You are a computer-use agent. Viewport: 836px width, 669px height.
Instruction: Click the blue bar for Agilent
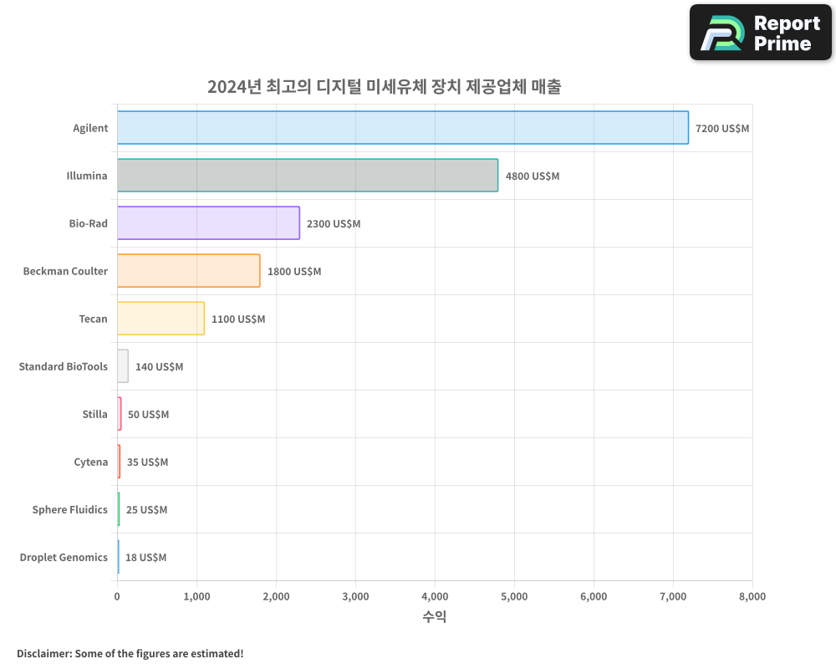click(x=402, y=128)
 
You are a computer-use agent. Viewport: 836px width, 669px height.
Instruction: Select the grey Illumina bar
click(x=307, y=176)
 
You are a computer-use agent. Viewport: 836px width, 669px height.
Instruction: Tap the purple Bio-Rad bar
click(x=208, y=223)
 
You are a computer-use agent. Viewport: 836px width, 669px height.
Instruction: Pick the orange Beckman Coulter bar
click(x=188, y=271)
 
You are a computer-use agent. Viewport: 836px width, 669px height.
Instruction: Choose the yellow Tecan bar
click(x=161, y=319)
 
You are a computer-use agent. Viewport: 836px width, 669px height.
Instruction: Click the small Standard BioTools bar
click(x=123, y=366)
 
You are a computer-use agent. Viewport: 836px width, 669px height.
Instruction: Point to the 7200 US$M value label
click(x=722, y=129)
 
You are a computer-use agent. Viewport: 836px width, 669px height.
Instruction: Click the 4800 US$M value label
click(x=532, y=176)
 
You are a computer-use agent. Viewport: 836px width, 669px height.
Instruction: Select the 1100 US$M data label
click(x=237, y=319)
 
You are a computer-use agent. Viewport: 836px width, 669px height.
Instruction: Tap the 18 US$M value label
click(x=145, y=558)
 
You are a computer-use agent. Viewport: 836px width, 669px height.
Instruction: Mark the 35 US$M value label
click(x=147, y=462)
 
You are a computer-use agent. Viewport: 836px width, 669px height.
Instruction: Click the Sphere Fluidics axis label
click(x=69, y=509)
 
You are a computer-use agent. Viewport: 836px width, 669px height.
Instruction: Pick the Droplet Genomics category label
click(x=64, y=557)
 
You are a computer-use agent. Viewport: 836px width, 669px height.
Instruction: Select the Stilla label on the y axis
click(x=94, y=414)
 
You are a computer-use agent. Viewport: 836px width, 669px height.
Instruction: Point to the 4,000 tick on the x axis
click(x=435, y=596)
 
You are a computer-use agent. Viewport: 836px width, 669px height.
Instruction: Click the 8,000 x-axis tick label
click(x=752, y=596)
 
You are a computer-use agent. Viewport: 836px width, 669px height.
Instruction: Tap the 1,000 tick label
click(x=196, y=596)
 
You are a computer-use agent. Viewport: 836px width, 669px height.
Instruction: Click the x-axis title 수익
click(x=434, y=617)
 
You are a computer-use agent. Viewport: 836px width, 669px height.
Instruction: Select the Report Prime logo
click(x=760, y=33)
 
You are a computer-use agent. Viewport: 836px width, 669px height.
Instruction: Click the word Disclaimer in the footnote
click(x=43, y=653)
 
